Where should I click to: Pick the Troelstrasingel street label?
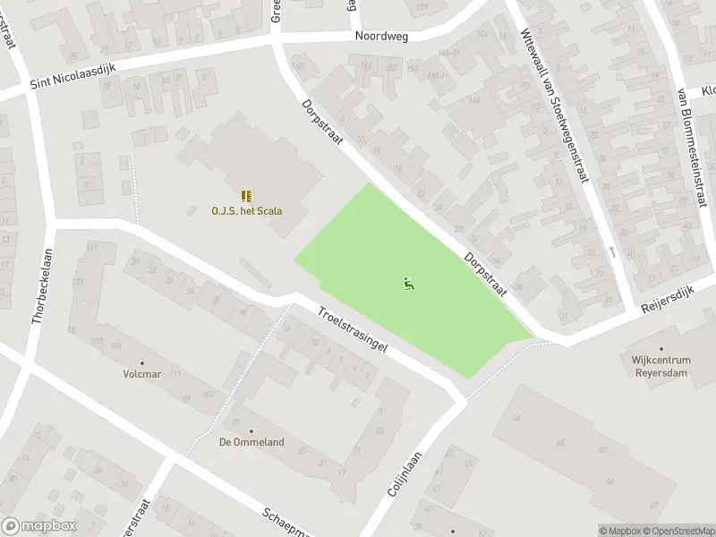point(351,330)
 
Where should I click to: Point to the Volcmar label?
point(141,374)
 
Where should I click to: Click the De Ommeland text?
point(251,442)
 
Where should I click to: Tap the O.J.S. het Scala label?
point(246,211)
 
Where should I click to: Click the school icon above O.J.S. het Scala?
point(246,196)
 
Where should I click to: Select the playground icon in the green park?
point(409,285)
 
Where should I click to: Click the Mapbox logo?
point(39,526)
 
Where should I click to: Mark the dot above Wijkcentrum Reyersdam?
point(662,348)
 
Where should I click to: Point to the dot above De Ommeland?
point(251,430)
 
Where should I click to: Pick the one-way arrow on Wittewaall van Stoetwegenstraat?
point(612,251)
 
